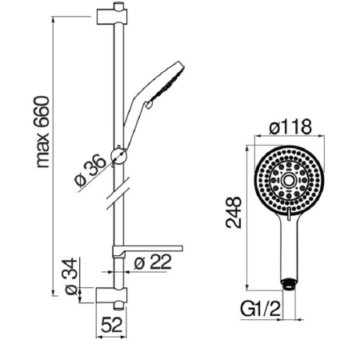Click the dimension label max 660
coord(42,132)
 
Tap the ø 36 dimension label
coord(90,170)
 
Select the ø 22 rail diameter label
coord(152,262)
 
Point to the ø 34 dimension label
coord(71,276)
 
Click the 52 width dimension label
coord(112,325)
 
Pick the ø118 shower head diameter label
coord(290,126)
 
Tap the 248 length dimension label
coord(234,212)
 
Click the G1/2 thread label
coord(261,310)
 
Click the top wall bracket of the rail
coord(112,17)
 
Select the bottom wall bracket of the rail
coord(112,295)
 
